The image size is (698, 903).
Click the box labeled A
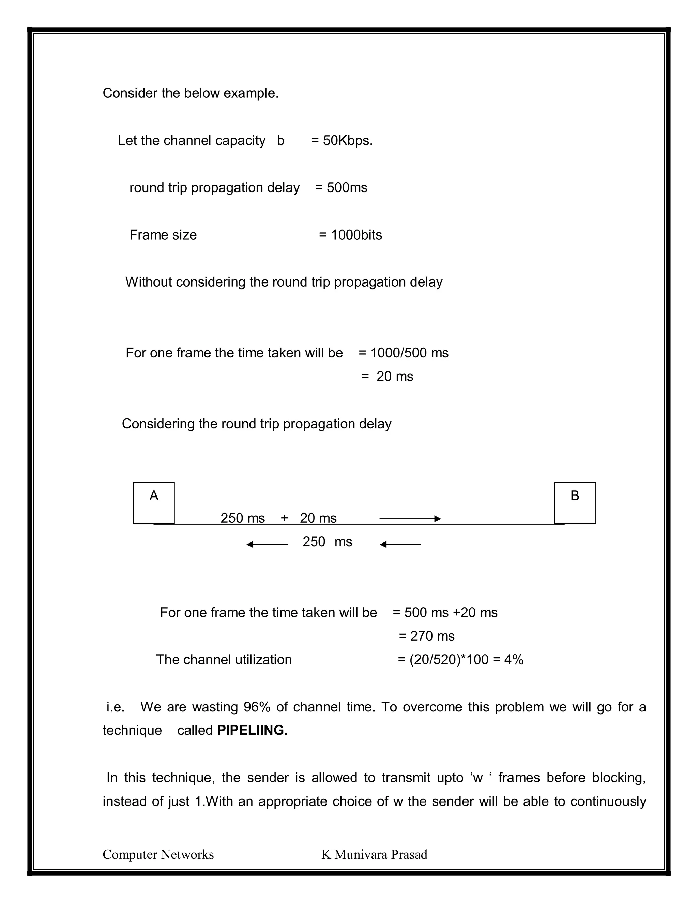pos(153,502)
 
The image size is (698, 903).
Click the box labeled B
pos(574,502)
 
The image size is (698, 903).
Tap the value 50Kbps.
pos(348,141)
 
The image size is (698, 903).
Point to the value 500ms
pos(347,188)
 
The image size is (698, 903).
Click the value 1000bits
pos(356,235)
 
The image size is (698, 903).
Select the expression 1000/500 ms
pos(409,353)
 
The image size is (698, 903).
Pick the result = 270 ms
pos(426,636)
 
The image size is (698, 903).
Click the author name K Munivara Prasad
pos(374,854)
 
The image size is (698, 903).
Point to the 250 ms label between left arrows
pos(327,542)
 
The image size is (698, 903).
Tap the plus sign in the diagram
pos(284,518)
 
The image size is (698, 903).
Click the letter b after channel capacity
pos(280,141)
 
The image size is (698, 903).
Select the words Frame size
pos(163,235)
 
